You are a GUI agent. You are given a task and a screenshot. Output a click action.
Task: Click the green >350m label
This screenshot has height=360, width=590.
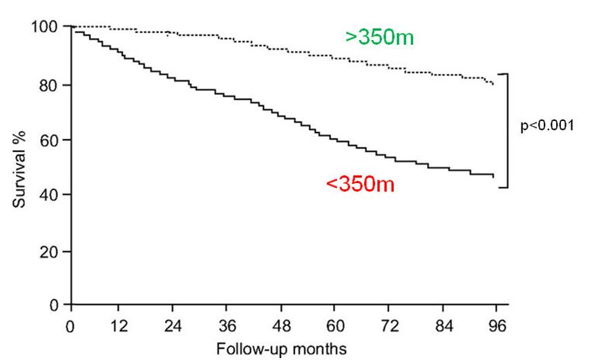point(380,37)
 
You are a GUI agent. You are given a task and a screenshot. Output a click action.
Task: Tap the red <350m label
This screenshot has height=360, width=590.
point(360,184)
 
